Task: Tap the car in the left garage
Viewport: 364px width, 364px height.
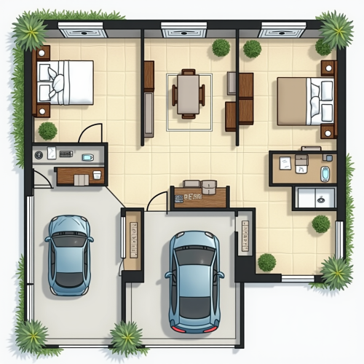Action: [69, 254]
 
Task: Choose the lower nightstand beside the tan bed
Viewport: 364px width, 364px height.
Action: [328, 131]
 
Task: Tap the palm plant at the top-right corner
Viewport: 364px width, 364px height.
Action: [336, 29]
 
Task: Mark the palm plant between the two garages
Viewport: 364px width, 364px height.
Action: [127, 339]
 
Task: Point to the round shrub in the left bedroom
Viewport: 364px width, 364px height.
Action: [47, 131]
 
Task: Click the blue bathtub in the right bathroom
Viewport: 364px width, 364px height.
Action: [325, 174]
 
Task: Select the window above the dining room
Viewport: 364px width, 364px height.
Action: [183, 30]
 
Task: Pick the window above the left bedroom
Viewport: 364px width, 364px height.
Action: [82, 30]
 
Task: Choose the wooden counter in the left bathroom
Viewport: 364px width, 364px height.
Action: [80, 175]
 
